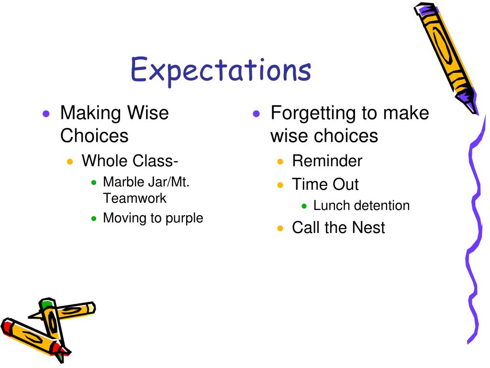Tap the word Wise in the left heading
click(148, 113)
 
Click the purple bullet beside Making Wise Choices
click(46, 114)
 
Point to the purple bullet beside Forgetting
click(256, 114)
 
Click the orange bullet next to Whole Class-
click(70, 162)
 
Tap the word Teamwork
click(134, 198)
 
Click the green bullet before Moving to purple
click(94, 218)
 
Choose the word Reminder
click(327, 161)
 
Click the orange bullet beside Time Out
click(280, 185)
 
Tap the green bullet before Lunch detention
click(304, 206)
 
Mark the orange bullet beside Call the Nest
click(280, 228)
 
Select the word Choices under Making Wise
click(94, 136)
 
